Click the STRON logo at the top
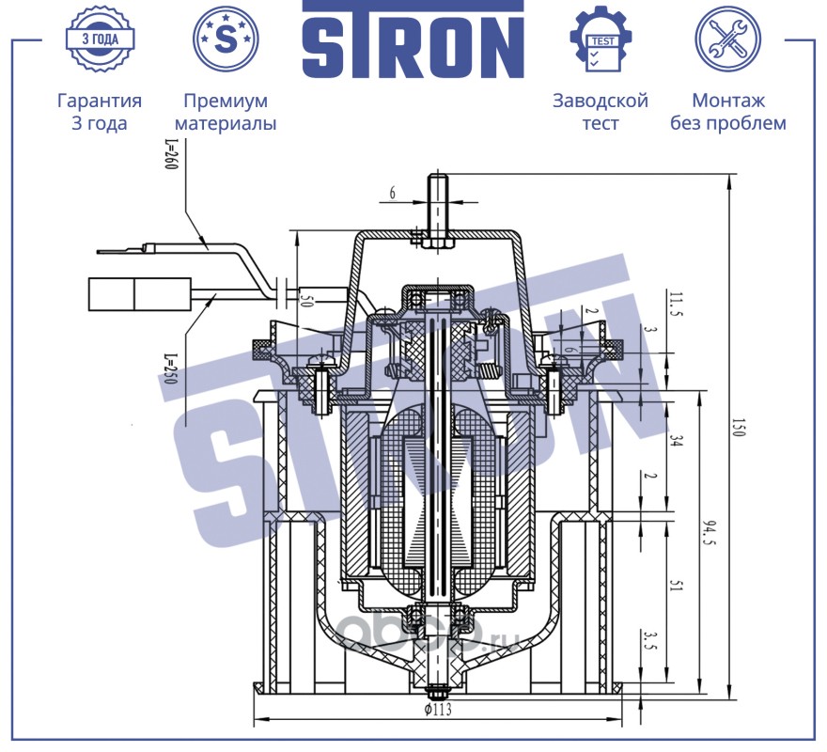pyautogui.click(x=413, y=39)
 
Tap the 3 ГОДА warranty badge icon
pyautogui.click(x=100, y=39)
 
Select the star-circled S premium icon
pyautogui.click(x=226, y=39)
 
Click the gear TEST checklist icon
pyautogui.click(x=601, y=39)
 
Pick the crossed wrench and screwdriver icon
pyautogui.click(x=727, y=39)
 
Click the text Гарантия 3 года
pyautogui.click(x=100, y=111)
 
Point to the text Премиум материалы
pyautogui.click(x=226, y=111)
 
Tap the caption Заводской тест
pyautogui.click(x=601, y=111)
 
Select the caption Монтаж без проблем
pyautogui.click(x=727, y=111)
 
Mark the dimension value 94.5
pyautogui.click(x=710, y=534)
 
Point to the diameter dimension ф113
pyautogui.click(x=438, y=710)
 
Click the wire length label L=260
pyautogui.click(x=172, y=153)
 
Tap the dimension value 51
pyautogui.click(x=678, y=586)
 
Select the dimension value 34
pyautogui.click(x=677, y=440)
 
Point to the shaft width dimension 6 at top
pyautogui.click(x=393, y=193)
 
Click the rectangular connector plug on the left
pyautogui.click(x=140, y=293)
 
